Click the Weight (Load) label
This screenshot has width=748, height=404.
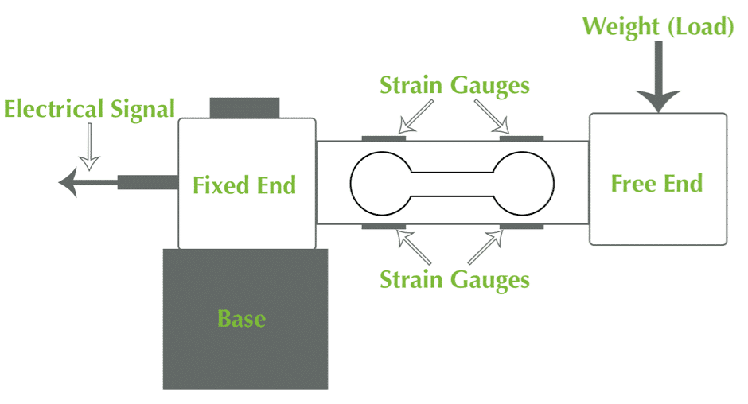658,26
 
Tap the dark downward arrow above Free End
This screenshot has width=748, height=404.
658,76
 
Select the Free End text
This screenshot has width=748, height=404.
656,184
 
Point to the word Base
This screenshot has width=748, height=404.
241,319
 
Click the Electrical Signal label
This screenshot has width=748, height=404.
89,109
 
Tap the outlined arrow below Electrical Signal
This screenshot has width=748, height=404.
89,147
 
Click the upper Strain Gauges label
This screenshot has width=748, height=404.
454,86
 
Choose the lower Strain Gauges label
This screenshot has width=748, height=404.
454,280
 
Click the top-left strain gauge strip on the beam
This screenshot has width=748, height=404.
384,138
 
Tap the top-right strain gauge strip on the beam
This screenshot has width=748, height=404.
521,138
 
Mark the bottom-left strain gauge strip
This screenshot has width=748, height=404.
384,227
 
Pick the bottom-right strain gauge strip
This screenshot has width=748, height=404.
521,227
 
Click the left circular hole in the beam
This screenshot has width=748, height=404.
351,184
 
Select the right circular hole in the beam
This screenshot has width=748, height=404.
553,184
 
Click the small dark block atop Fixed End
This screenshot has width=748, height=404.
244,108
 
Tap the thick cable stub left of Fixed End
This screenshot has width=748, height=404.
148,182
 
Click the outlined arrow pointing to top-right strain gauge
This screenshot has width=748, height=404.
492,116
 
